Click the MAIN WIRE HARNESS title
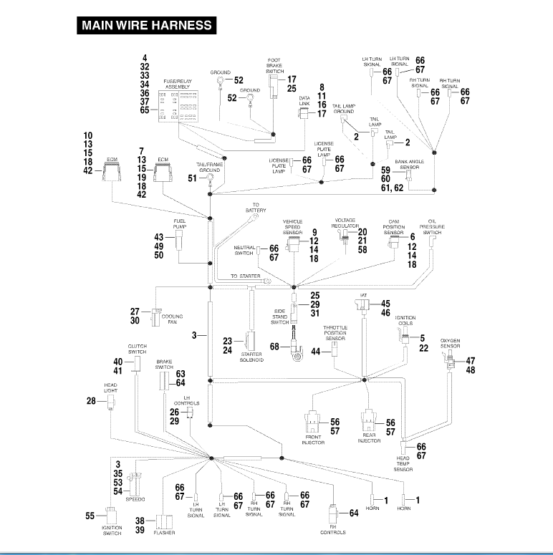coord(148,26)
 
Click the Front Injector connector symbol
coord(312,421)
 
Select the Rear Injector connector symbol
coord(369,421)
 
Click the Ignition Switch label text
coord(111,530)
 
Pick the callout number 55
coord(90,515)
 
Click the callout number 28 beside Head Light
coord(91,401)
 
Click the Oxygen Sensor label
coord(450,343)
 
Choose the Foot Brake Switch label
coord(275,65)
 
